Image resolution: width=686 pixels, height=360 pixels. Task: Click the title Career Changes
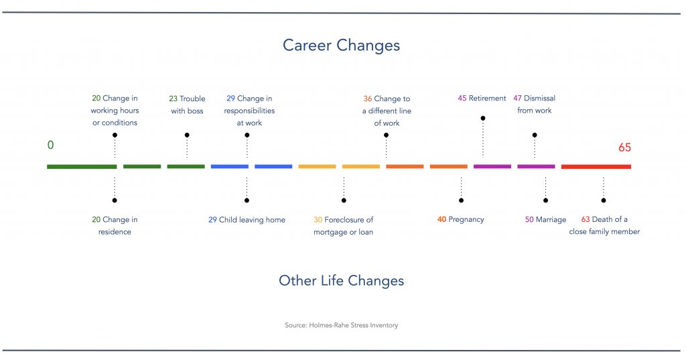click(x=341, y=46)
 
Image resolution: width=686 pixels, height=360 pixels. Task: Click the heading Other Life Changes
click(x=341, y=281)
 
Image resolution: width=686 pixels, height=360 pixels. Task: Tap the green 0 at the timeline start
click(x=50, y=145)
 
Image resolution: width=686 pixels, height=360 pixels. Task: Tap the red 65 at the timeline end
click(x=624, y=147)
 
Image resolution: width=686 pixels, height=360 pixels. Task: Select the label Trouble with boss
click(x=187, y=105)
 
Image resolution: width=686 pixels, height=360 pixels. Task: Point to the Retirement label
click(x=482, y=99)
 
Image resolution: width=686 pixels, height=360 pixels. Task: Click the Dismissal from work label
click(x=535, y=105)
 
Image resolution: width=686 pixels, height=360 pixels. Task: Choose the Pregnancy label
click(x=460, y=220)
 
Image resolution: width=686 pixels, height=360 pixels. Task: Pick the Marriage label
click(x=545, y=220)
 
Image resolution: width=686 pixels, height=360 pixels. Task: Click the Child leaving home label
click(x=247, y=220)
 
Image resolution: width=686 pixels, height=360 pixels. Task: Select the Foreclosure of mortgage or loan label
click(x=344, y=226)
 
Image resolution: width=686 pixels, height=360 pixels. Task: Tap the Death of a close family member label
click(x=604, y=226)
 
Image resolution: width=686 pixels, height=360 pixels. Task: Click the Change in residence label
click(x=115, y=226)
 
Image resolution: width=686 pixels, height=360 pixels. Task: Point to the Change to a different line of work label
click(x=387, y=111)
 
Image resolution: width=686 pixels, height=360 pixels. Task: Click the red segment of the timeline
click(x=596, y=166)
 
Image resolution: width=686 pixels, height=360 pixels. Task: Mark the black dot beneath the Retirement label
click(x=482, y=118)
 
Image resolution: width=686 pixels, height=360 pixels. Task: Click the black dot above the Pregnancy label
click(x=461, y=200)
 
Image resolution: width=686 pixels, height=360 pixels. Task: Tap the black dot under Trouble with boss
click(x=187, y=135)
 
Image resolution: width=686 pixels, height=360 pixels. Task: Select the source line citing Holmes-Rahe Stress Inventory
click(x=341, y=326)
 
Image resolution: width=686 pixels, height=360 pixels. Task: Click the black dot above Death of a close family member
click(x=604, y=200)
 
